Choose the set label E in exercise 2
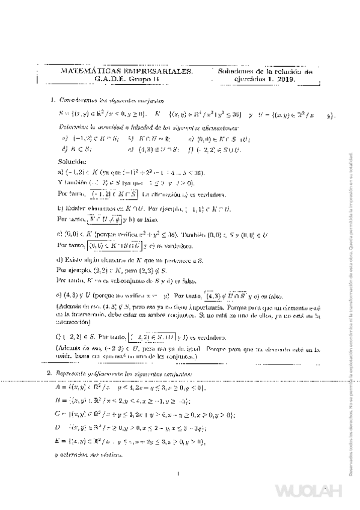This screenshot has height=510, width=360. [x=56, y=441]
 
